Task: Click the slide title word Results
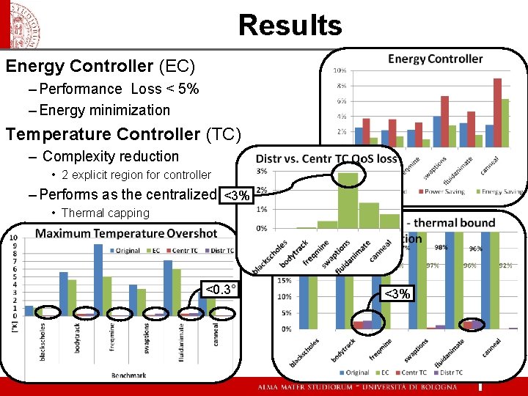click(x=290, y=25)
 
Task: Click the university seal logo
click(x=25, y=26)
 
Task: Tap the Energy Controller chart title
click(x=435, y=59)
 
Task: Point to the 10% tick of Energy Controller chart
click(x=340, y=71)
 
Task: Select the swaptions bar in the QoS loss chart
click(x=348, y=200)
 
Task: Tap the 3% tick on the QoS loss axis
click(x=262, y=172)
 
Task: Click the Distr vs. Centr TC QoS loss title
click(x=326, y=158)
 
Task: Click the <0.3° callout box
click(x=221, y=290)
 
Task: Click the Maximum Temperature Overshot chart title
click(x=126, y=233)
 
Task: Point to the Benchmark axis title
click(x=128, y=375)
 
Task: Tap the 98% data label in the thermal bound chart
click(x=441, y=247)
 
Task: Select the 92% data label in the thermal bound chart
click(x=505, y=265)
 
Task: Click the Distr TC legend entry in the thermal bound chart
click(x=450, y=373)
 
